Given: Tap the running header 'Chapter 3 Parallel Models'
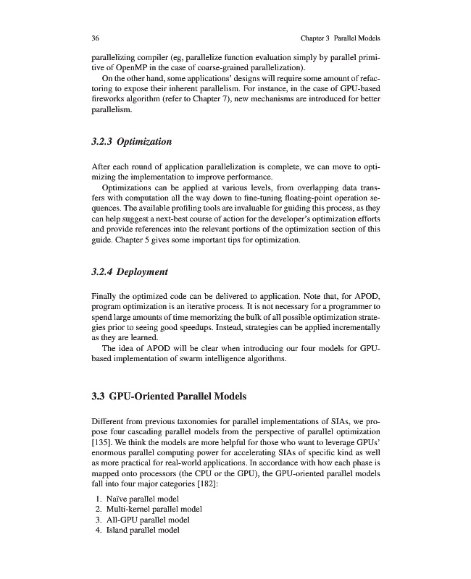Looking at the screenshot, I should pyautogui.click(x=339, y=38).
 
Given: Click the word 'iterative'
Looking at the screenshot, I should pyautogui.click(x=199, y=307).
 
